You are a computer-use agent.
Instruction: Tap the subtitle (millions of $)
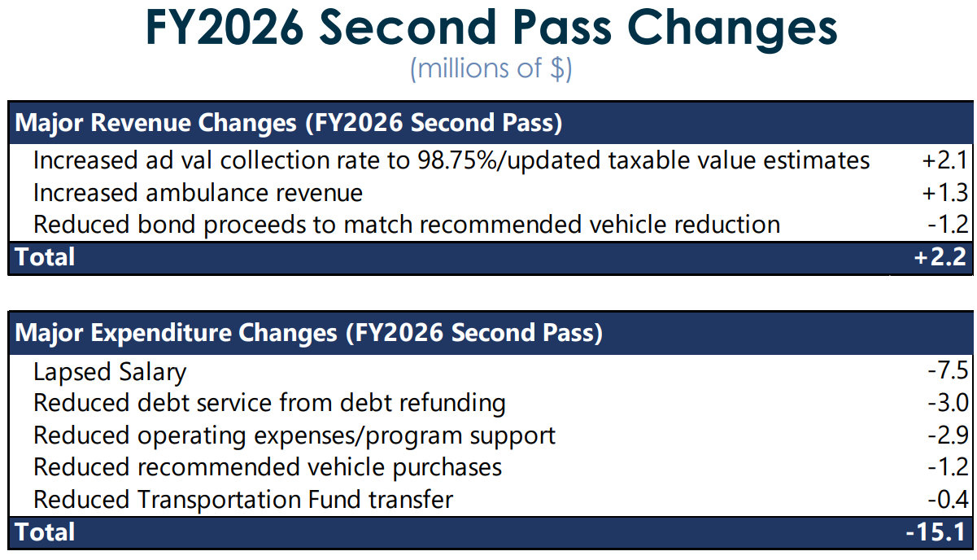pos(491,69)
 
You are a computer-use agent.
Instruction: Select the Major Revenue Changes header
pos(288,123)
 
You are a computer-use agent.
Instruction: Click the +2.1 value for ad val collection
pos(944,160)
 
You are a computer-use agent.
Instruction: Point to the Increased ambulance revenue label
pos(198,193)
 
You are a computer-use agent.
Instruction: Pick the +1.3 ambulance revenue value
pos(944,193)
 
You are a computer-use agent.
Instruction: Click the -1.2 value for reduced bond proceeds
pos(948,225)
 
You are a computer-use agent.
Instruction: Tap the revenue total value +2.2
pos(940,257)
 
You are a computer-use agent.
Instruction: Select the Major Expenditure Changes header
pos(309,334)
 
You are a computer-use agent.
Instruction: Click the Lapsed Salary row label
pos(110,372)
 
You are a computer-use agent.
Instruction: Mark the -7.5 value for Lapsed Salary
pos(948,370)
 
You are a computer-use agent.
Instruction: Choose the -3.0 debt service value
pos(948,402)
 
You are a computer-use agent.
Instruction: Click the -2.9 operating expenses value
pos(948,435)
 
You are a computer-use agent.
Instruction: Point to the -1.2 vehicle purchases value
pos(948,467)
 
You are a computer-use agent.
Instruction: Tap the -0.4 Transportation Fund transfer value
pos(948,499)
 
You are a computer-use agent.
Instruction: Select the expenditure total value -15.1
pos(936,532)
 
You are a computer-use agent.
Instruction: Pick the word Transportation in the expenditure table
pos(219,501)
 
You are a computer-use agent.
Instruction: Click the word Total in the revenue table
pos(45,257)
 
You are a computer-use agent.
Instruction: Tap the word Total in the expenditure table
pos(45,532)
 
